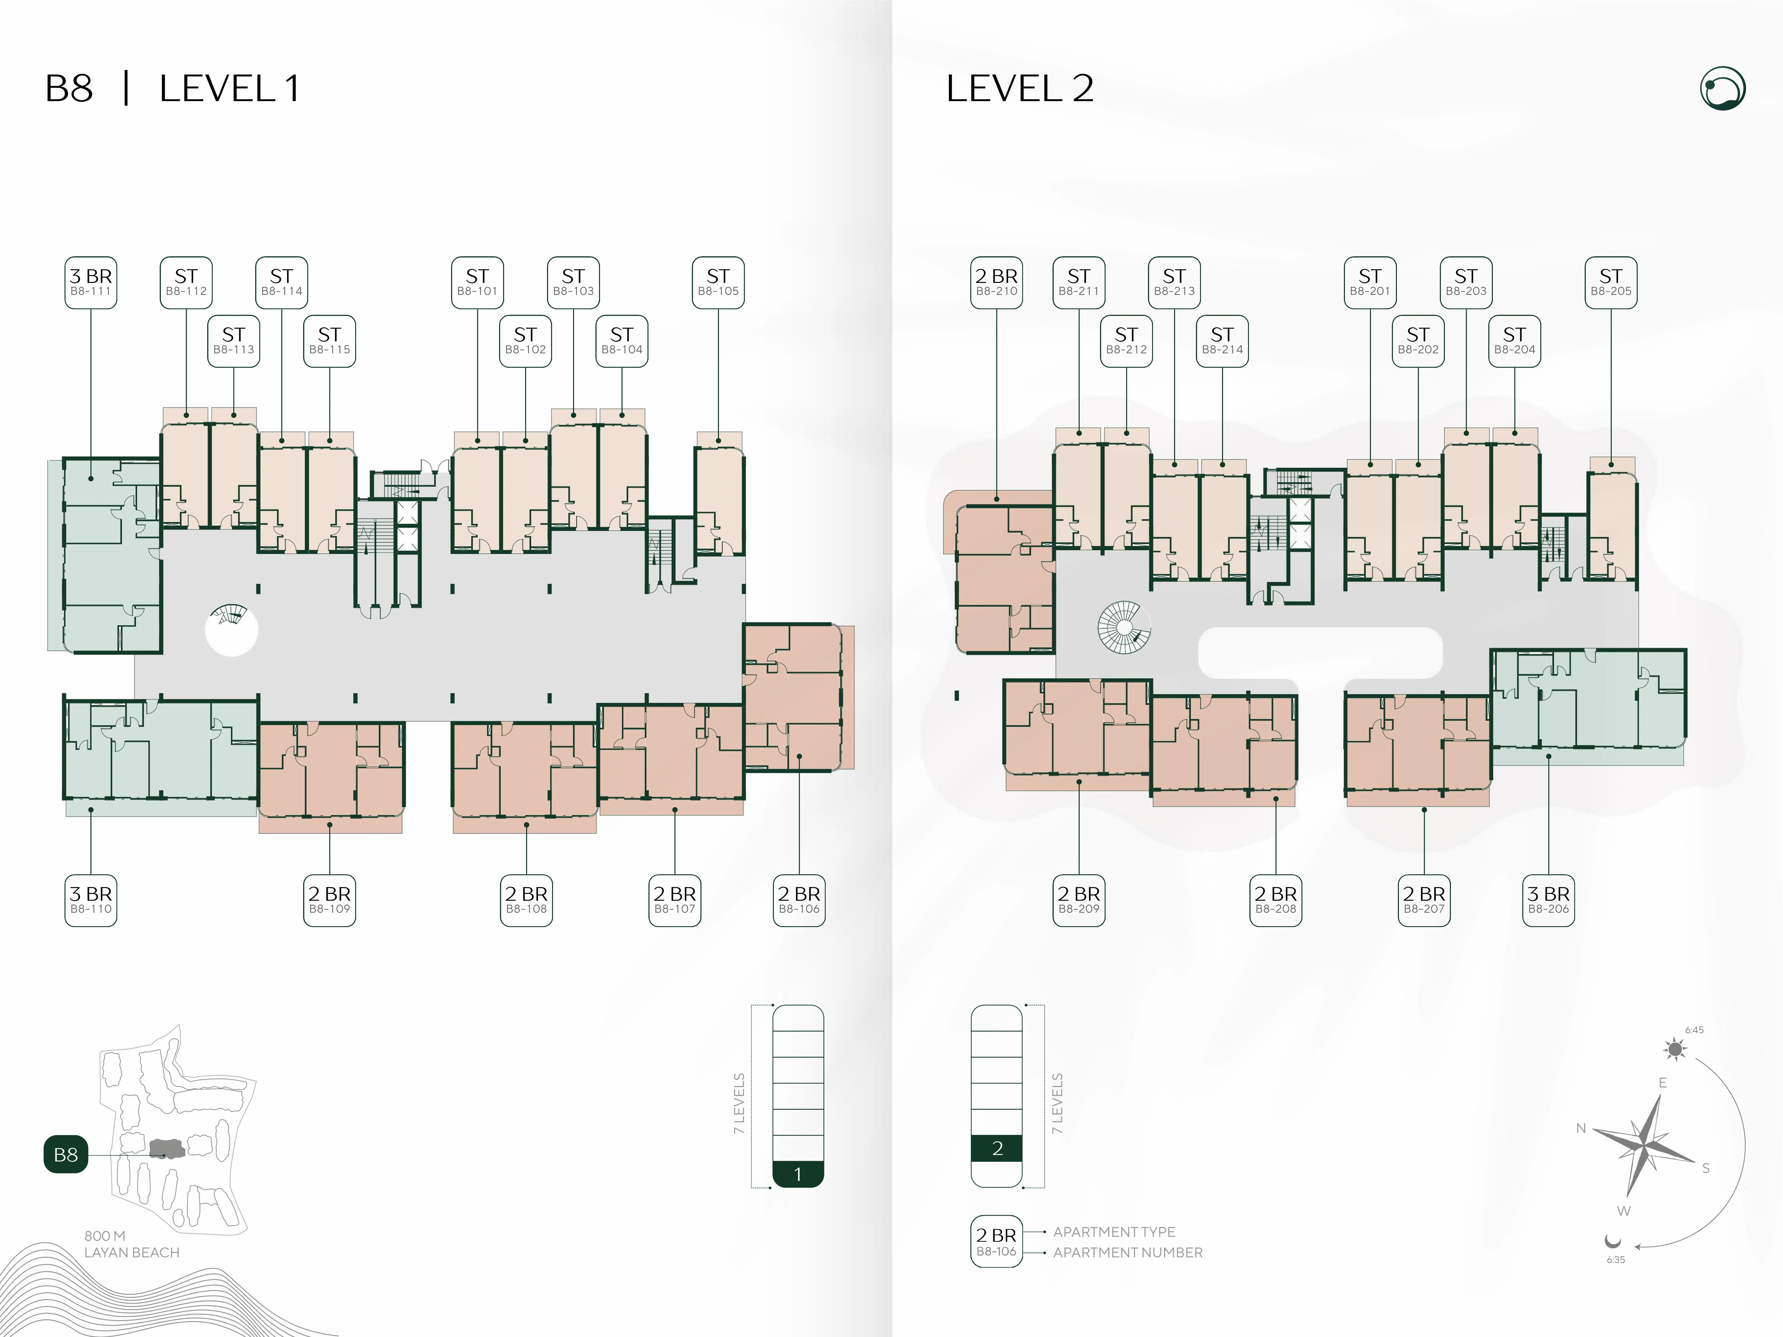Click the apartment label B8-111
tap(90, 282)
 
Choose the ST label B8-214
tap(1222, 341)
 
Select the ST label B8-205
tap(1611, 282)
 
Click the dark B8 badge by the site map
tap(65, 1154)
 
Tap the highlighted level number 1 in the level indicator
tap(798, 1174)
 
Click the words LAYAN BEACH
tap(132, 1252)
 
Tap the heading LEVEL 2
tap(1020, 89)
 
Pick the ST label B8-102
tap(526, 341)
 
